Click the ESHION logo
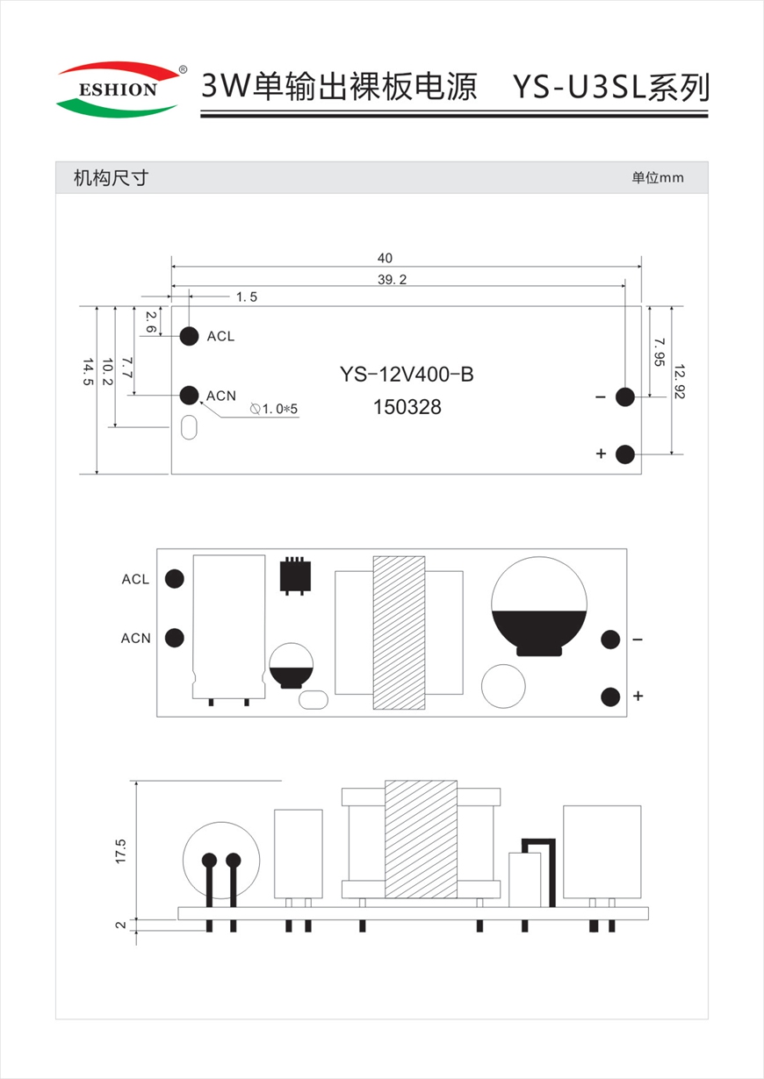(121, 89)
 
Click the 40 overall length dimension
(385, 258)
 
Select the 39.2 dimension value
(393, 280)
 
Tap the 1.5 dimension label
(247, 297)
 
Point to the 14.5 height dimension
(88, 371)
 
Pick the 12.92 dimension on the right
(679, 382)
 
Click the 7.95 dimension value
(659, 352)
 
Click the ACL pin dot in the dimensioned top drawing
(189, 336)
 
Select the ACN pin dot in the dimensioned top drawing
(189, 395)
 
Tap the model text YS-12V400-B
(407, 375)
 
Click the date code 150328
(407, 407)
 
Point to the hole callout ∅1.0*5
(274, 409)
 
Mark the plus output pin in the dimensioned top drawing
(625, 454)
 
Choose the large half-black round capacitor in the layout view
(539, 606)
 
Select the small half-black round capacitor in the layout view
(291, 665)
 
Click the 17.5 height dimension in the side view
(120, 851)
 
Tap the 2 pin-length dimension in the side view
(120, 925)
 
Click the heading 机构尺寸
(111, 178)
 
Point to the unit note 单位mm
(658, 178)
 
